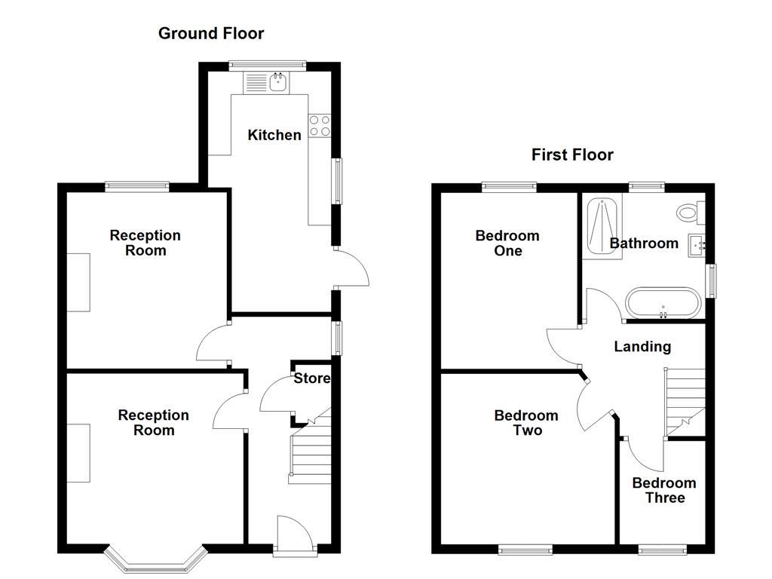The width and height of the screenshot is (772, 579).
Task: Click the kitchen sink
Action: coord(278,81)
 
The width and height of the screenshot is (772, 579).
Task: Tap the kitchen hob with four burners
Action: coord(320,125)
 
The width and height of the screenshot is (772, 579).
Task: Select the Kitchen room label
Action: coord(274,136)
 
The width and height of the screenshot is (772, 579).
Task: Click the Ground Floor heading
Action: coord(211,33)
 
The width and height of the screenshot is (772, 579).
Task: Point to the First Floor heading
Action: coord(572,155)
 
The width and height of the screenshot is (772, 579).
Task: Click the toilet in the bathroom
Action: coord(688,213)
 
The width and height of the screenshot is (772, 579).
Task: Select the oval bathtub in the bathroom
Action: coord(663,302)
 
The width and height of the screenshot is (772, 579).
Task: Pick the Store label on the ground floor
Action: coord(311,378)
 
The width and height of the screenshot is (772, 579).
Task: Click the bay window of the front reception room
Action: coord(155,559)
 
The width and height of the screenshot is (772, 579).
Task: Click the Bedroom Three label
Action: coord(663,491)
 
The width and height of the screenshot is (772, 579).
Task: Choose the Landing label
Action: coord(642,347)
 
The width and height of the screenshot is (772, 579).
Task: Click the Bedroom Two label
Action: coord(526,423)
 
